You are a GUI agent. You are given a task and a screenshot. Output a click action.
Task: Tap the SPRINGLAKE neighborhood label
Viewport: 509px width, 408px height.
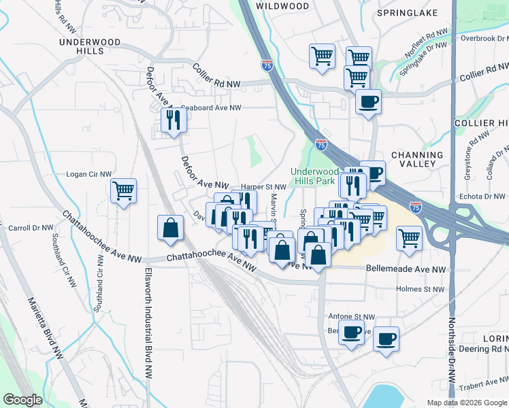pyautogui.click(x=408, y=13)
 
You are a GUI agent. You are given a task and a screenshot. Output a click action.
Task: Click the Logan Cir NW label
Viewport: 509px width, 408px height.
pyautogui.click(x=88, y=174)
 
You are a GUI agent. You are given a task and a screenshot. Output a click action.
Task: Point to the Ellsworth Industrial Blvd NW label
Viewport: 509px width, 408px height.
pyautogui.click(x=147, y=323)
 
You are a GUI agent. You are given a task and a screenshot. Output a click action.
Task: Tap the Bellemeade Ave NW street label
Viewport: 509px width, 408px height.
pyautogui.click(x=406, y=270)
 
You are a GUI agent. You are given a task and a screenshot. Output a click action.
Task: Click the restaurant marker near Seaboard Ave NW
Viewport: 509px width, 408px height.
pyautogui.click(x=173, y=120)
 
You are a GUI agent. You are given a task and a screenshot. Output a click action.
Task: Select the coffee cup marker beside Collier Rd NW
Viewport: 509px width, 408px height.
pyautogui.click(x=368, y=102)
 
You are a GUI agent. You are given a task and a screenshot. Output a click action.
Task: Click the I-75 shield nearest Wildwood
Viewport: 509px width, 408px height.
pyautogui.click(x=267, y=65)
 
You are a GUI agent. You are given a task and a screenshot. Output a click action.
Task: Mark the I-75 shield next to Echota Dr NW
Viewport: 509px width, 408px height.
pyautogui.click(x=416, y=206)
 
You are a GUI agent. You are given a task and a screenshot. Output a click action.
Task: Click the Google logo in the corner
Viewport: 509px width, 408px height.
pyautogui.click(x=22, y=400)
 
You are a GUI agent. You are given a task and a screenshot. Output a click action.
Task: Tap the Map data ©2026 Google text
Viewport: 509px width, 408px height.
pyautogui.click(x=466, y=403)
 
